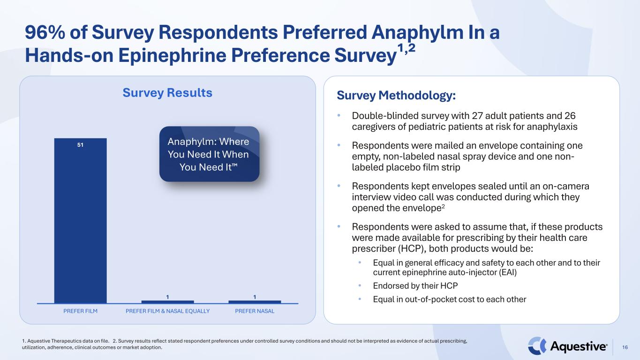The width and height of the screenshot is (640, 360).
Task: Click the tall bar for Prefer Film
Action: tap(80, 221)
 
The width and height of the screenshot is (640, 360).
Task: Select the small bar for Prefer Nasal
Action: tap(255, 302)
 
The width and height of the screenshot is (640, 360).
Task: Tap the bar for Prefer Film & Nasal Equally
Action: tap(167, 302)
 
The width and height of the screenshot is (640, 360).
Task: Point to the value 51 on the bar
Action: tap(80, 145)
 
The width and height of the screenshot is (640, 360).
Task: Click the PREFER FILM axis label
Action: tap(80, 311)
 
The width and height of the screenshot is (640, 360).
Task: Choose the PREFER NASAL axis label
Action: tap(255, 311)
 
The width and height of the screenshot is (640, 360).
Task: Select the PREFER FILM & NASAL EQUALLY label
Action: tap(168, 311)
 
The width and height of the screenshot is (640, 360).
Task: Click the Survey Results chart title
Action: tap(167, 93)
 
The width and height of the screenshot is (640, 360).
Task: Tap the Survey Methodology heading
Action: tap(396, 96)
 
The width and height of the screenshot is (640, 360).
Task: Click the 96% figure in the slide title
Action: tap(45, 32)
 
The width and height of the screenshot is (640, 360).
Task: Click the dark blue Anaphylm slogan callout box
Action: tap(210, 154)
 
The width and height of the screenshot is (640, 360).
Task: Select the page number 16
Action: tap(625, 347)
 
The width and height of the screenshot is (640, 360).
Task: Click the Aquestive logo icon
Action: tap(537, 346)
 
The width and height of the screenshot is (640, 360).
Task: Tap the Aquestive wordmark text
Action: tap(578, 346)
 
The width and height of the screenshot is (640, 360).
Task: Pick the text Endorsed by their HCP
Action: tap(415, 286)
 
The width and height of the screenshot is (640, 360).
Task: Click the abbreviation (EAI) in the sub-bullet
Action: tap(508, 272)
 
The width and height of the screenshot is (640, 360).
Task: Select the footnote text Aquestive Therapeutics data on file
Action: tap(68, 341)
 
